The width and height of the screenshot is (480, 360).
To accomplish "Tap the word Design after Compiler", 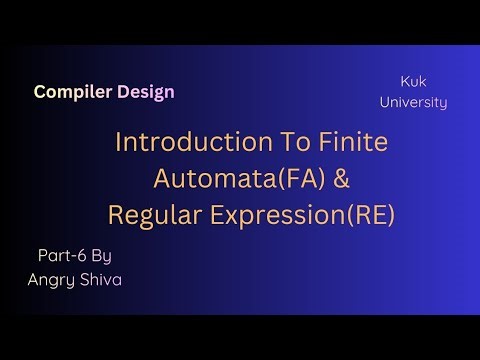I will [143, 92].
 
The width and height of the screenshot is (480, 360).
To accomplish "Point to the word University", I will [419, 102].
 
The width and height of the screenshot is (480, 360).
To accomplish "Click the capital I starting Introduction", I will [120, 142].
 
